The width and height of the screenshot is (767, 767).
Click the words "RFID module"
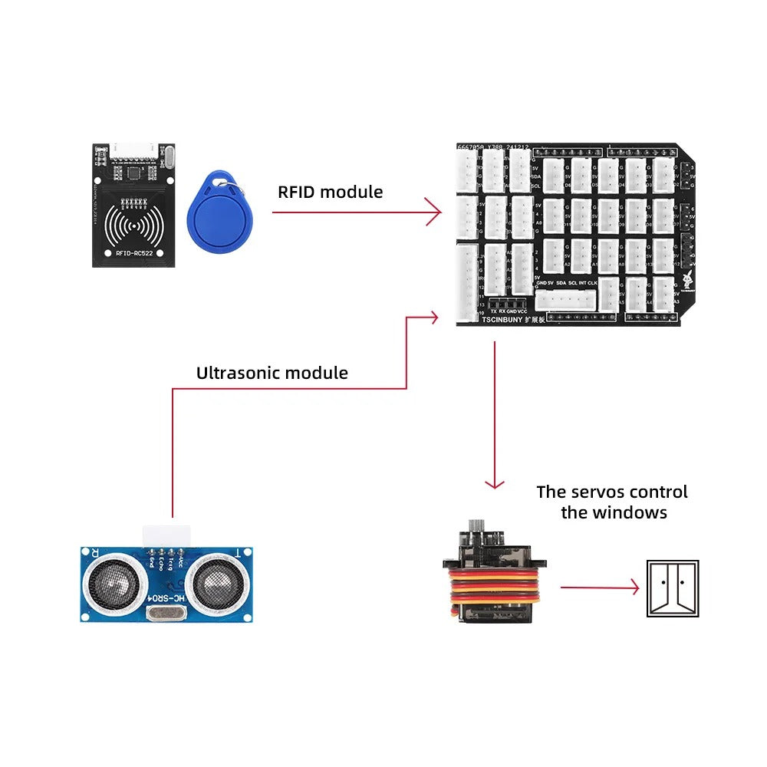coord(330,192)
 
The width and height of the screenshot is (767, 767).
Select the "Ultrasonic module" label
coord(272,374)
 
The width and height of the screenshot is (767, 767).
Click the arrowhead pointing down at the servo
coord(495,482)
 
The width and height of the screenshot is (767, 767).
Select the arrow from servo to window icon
coord(599,588)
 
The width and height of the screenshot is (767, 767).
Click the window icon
coord(673,588)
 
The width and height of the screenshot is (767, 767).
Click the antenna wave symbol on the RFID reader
coord(135,225)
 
